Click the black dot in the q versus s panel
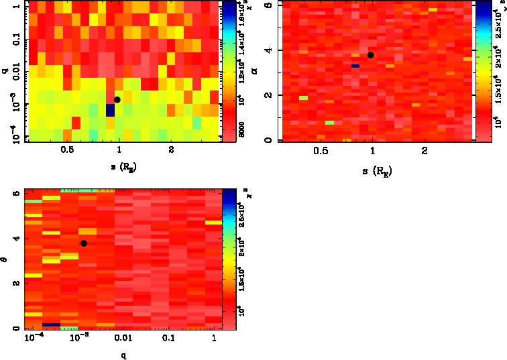(117, 100)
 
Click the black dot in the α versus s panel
(370, 55)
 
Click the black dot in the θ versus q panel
(83, 243)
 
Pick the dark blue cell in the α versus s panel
(355, 66)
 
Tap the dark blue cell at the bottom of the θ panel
(52, 325)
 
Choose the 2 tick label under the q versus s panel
(172, 151)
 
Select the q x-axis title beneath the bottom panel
(125, 355)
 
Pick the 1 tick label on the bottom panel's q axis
(213, 340)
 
